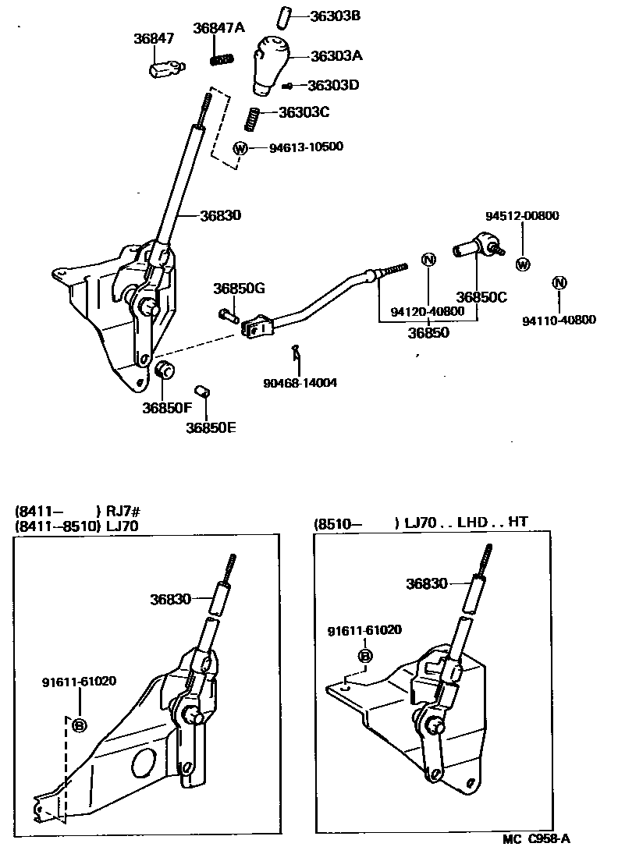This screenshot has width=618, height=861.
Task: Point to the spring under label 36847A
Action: [x=224, y=58]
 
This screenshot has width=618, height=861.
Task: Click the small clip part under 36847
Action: [x=165, y=69]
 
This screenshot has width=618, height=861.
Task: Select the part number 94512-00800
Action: [x=522, y=216]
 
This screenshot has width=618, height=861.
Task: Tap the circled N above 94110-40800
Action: [x=559, y=282]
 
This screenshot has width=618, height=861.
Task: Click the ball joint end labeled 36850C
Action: [x=475, y=248]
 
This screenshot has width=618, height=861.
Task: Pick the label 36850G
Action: [x=239, y=289]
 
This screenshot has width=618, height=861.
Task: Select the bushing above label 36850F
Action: [x=165, y=370]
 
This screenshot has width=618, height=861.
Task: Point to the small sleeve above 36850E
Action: [x=203, y=391]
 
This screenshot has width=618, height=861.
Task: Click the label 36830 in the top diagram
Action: [x=220, y=216]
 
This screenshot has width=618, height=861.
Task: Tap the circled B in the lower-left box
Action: [x=79, y=725]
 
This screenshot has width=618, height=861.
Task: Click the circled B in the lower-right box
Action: [x=364, y=656]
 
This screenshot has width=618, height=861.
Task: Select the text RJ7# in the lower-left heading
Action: [x=123, y=512]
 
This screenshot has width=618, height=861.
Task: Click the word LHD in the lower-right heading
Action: [x=473, y=523]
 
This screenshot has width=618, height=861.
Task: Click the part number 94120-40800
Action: [x=428, y=310]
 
